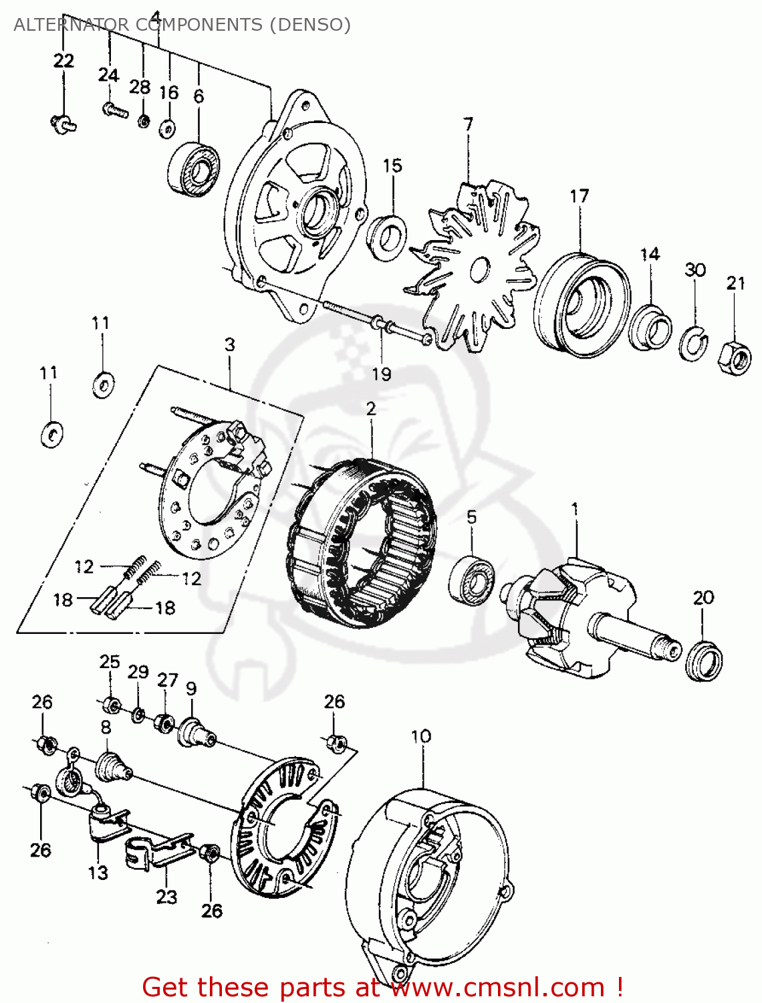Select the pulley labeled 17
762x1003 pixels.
coord(580,303)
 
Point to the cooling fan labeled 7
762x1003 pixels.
coord(475,267)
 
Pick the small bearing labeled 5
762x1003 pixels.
coord(472,578)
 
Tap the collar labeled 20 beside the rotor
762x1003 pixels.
coord(704,661)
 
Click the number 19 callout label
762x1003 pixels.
coord(381,374)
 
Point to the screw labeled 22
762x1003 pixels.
coord(63,123)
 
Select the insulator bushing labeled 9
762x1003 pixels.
coord(195,733)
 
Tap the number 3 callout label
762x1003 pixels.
coord(229,344)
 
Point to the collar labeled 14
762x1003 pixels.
coord(650,327)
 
